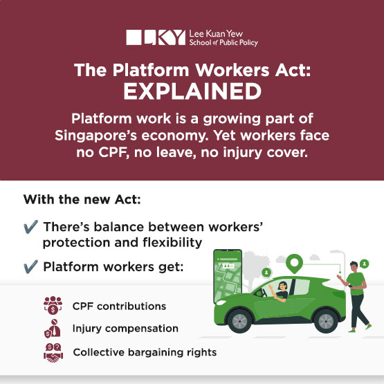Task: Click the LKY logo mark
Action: [x=156, y=38]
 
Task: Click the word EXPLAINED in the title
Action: [x=192, y=92]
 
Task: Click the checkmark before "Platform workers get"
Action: [x=30, y=266]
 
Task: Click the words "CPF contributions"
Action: [x=118, y=305]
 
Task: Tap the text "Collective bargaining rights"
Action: [x=145, y=352]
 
